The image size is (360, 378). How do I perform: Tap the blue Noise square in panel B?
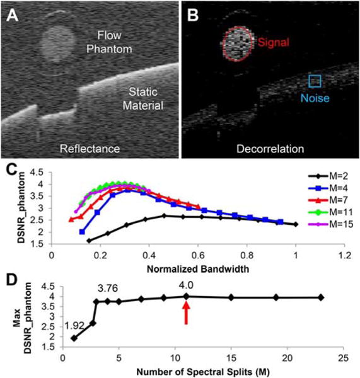point(315,81)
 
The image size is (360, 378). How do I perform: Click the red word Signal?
point(273,43)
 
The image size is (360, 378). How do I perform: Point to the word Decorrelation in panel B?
point(270,149)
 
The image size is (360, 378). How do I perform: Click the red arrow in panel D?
point(186,312)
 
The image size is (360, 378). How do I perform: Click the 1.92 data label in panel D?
point(74,326)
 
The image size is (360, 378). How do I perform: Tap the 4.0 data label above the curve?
point(185,283)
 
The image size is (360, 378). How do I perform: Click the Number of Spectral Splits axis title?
point(189,370)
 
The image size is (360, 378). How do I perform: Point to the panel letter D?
point(12,275)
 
